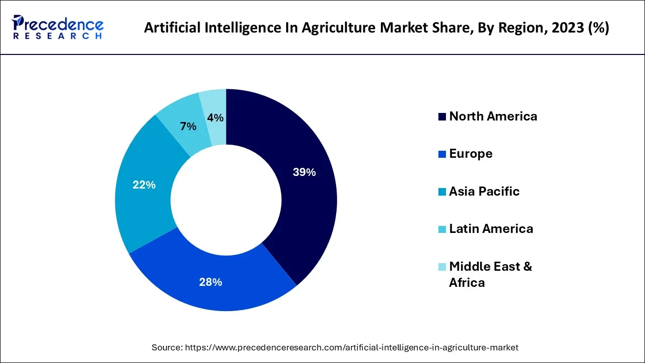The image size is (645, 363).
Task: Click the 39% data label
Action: (x=304, y=172)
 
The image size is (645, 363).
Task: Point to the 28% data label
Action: (x=211, y=282)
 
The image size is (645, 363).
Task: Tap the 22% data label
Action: (x=144, y=185)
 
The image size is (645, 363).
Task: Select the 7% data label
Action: (x=188, y=127)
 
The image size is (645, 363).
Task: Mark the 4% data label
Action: (x=215, y=118)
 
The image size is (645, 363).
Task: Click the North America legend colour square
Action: (x=442, y=117)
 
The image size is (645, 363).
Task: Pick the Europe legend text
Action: (x=471, y=154)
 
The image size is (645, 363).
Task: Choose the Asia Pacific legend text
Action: (x=484, y=192)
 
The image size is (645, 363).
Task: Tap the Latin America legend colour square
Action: (x=442, y=229)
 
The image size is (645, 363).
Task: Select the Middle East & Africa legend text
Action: (x=490, y=274)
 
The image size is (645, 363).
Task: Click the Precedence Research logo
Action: (x=58, y=28)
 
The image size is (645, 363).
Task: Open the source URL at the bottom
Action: (x=352, y=347)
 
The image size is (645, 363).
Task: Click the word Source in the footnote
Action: (x=167, y=347)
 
